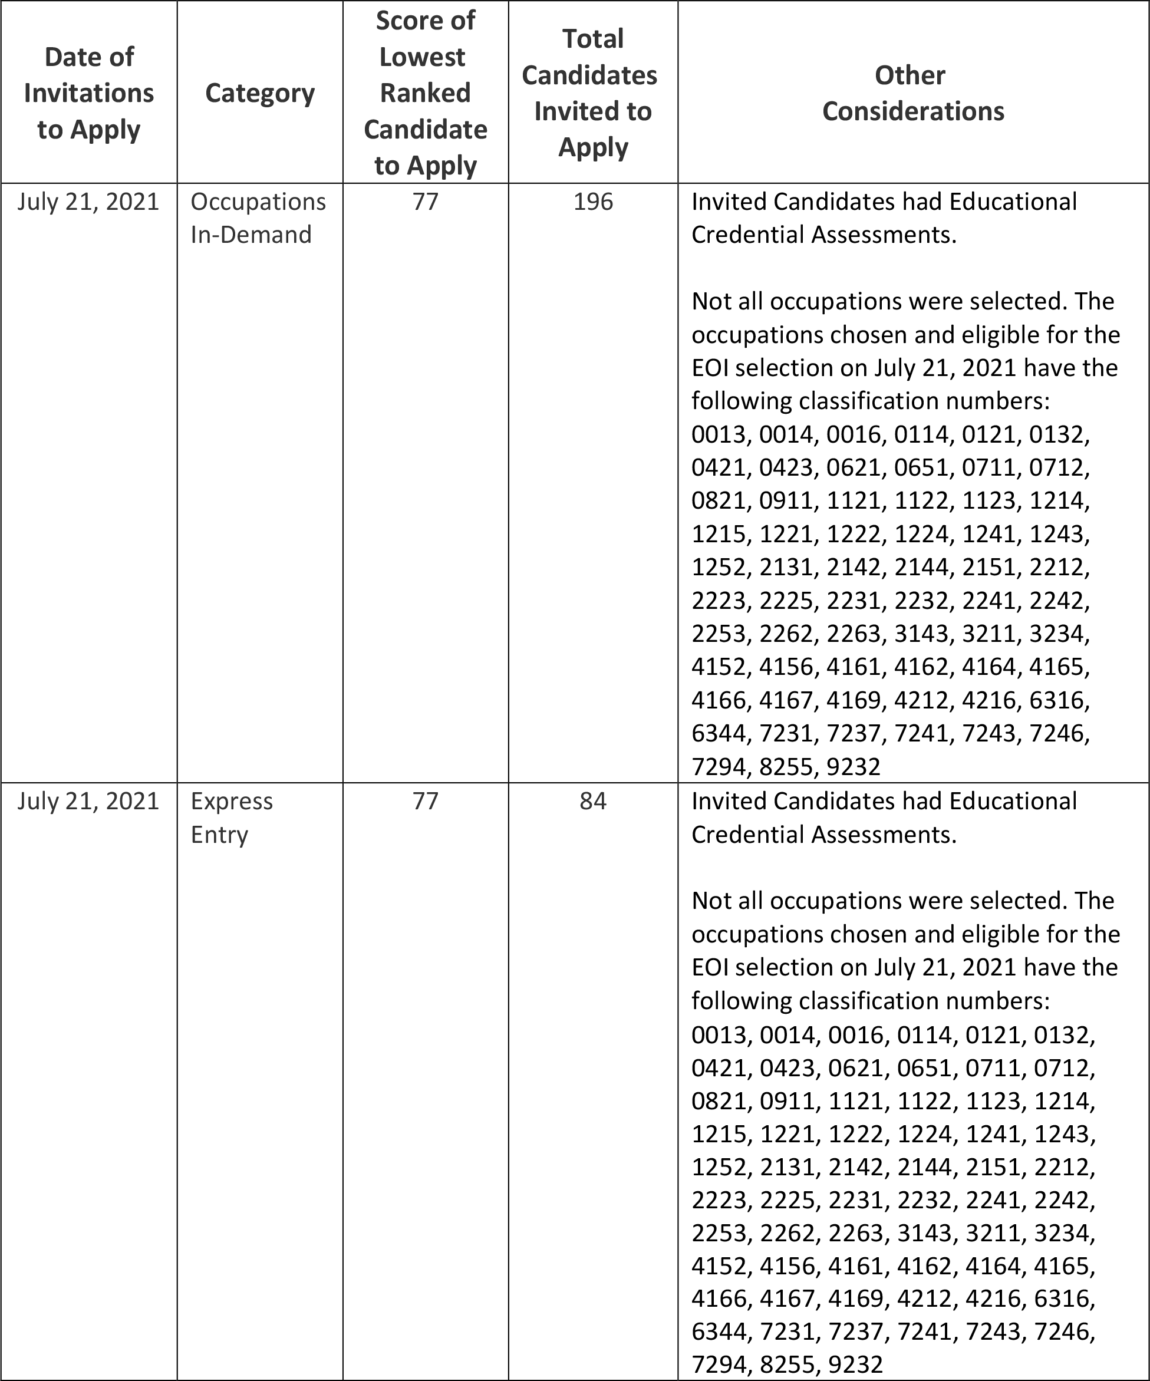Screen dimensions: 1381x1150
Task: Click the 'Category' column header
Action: pyautogui.click(x=260, y=93)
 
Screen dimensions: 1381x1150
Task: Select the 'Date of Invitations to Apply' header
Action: pyautogui.click(x=89, y=93)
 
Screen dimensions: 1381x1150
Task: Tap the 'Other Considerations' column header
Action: pyautogui.click(x=912, y=93)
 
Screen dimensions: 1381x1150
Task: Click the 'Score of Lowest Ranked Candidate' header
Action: pyautogui.click(x=426, y=93)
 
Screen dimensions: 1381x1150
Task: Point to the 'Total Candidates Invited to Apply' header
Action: pyautogui.click(x=592, y=93)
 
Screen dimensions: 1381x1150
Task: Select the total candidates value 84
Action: pyautogui.click(x=592, y=801)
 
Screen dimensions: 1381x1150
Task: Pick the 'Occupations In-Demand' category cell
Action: pyautogui.click(x=258, y=217)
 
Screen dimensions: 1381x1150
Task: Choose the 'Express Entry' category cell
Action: pyautogui.click(x=232, y=818)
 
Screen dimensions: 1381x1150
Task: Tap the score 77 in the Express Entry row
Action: pyautogui.click(x=426, y=801)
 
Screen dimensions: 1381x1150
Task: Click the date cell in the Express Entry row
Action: pyautogui.click(x=89, y=801)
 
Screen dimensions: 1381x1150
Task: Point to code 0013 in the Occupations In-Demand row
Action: pyautogui.click(x=719, y=434)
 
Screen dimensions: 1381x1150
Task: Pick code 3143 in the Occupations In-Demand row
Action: pyautogui.click(x=921, y=633)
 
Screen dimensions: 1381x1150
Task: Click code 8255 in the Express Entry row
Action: pyautogui.click(x=787, y=1365)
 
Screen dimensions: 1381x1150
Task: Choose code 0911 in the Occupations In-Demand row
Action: pyautogui.click(x=787, y=500)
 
